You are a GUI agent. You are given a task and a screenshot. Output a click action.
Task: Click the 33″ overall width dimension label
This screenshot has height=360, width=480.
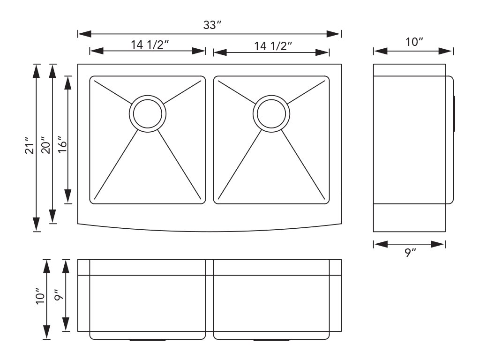tap(212, 25)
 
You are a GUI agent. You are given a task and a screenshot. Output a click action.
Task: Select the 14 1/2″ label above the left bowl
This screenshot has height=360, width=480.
tap(150, 45)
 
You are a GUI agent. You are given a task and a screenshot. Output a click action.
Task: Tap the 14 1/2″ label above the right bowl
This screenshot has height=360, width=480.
tap(273, 46)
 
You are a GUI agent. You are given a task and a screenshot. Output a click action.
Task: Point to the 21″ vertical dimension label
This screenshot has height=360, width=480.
tap(30, 146)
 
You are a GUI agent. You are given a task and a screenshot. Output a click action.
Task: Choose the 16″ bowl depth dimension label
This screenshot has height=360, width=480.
tap(62, 145)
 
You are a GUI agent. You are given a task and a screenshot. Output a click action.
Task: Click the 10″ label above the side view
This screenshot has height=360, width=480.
tap(414, 42)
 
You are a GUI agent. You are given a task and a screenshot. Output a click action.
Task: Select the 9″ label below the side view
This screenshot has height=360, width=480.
tap(410, 253)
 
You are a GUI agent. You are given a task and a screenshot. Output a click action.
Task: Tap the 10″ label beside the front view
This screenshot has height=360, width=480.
tap(40, 296)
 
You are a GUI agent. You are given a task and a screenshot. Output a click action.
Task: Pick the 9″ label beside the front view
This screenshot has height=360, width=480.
tap(59, 295)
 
